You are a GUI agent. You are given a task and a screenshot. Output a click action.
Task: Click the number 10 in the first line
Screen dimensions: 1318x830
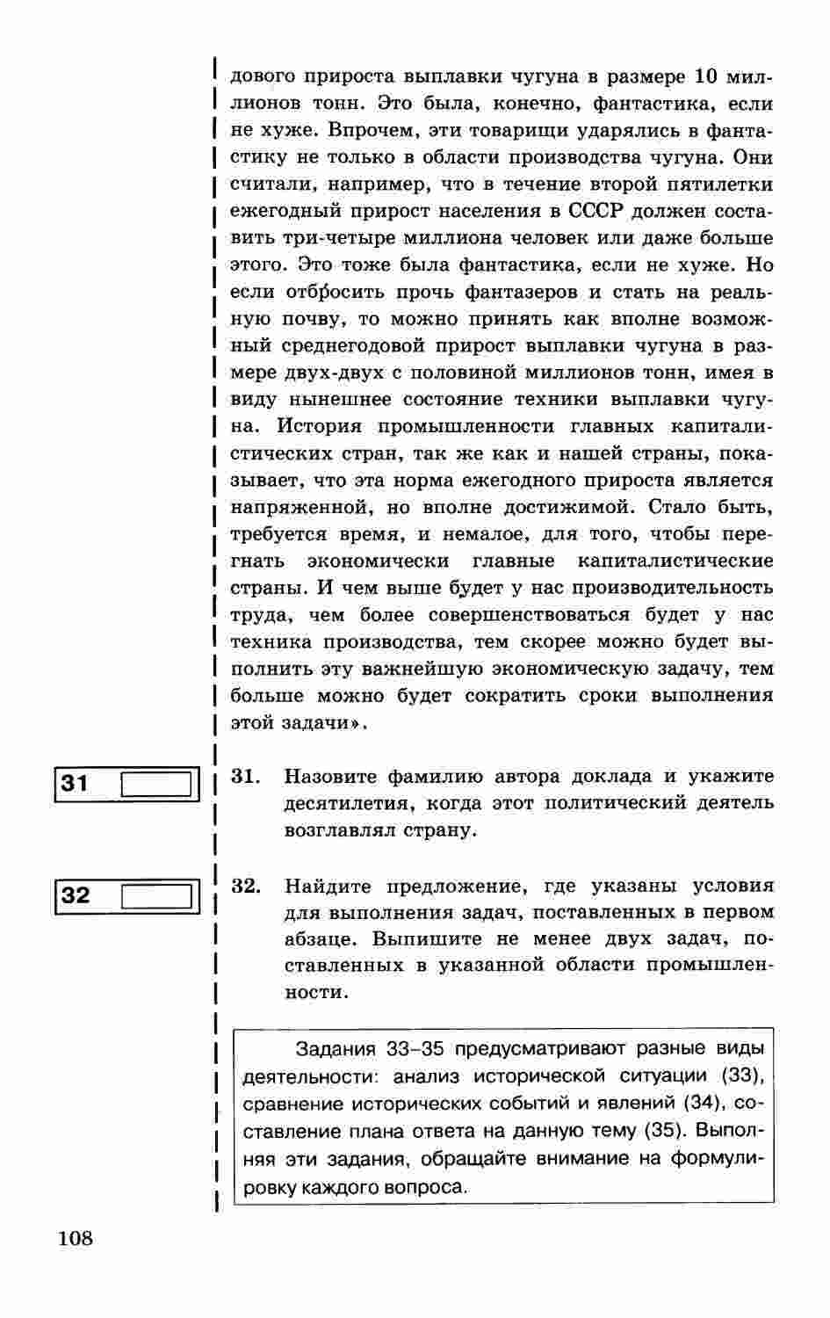[x=707, y=76]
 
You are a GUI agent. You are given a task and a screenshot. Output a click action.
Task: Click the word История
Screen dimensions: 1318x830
[x=319, y=426]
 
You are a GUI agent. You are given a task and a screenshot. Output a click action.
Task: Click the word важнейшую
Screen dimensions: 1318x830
[x=411, y=669]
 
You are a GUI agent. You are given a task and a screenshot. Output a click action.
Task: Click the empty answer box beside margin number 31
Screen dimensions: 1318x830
[x=155, y=783]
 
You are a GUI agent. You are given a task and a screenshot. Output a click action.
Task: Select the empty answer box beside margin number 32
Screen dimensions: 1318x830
[x=155, y=895]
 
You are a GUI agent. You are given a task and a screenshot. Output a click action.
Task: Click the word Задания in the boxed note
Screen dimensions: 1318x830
[x=336, y=1048]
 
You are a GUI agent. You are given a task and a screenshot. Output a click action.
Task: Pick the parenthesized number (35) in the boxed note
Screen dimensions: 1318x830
[x=659, y=1130]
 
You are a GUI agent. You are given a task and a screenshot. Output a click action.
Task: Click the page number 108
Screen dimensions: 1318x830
[x=76, y=1239]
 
